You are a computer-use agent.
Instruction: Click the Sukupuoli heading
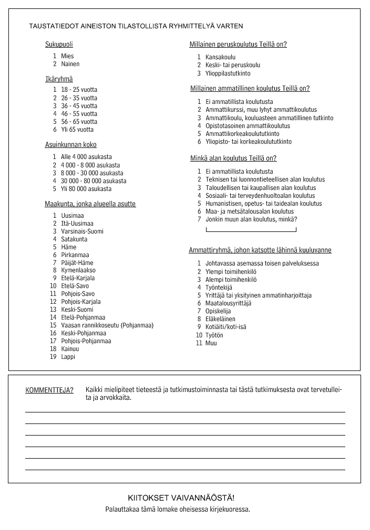pos(59,45)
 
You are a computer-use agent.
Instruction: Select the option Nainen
pos(70,64)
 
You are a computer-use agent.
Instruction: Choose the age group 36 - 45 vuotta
pos(79,105)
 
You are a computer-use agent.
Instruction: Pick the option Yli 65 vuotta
pos(77,130)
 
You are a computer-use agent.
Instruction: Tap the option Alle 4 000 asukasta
pos(86,157)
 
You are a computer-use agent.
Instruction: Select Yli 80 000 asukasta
pos(86,189)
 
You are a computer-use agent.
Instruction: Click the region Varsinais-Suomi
pos(82,231)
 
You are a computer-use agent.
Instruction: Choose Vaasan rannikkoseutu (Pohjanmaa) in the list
pos(107,325)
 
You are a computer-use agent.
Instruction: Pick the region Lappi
pos(68,357)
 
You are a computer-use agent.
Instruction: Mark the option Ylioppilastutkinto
pos(228,73)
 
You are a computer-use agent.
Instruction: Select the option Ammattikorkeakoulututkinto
pos(242,134)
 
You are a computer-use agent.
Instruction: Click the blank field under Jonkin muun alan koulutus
pos(251,229)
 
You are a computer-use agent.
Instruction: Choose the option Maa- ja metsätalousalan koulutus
pos(249,211)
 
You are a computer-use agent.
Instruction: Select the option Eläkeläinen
pos(220,319)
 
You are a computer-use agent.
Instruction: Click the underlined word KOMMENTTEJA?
pos(49,390)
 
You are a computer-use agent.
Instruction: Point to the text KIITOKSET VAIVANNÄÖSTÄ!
pos(181,497)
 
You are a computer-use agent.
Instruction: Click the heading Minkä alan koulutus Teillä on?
pos(233,158)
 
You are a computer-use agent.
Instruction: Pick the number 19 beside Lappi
pos(53,357)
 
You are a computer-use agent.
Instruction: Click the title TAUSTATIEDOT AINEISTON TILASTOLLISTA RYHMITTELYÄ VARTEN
pos(136,26)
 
